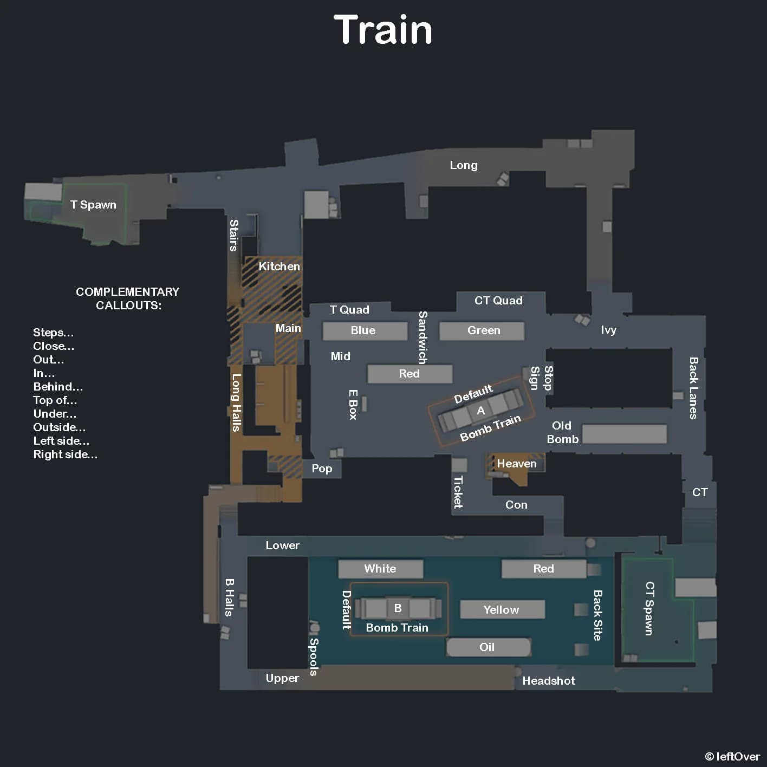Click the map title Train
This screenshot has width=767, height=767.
pyautogui.click(x=383, y=30)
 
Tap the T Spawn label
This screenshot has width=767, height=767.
pyautogui.click(x=93, y=205)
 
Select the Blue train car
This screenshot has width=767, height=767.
pyautogui.click(x=364, y=330)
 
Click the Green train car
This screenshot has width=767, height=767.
pyautogui.click(x=482, y=330)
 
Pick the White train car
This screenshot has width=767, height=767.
pyautogui.click(x=380, y=569)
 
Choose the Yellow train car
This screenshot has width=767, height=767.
pyautogui.click(x=502, y=610)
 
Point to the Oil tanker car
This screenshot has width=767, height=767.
pyautogui.click(x=487, y=647)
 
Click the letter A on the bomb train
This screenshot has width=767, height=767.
pyautogui.click(x=480, y=411)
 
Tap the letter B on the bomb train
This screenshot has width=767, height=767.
pyautogui.click(x=398, y=608)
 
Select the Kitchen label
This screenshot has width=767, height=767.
pyautogui.click(x=279, y=266)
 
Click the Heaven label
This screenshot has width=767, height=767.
pyautogui.click(x=517, y=464)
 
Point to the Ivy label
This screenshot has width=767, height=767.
pyautogui.click(x=609, y=330)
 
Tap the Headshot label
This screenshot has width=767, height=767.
pyautogui.click(x=549, y=681)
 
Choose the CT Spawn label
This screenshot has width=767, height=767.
pyautogui.click(x=649, y=608)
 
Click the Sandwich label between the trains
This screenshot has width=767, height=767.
pyautogui.click(x=423, y=337)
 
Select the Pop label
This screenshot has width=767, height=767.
pyautogui.click(x=322, y=469)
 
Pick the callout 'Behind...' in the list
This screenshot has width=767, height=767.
pyautogui.click(x=58, y=387)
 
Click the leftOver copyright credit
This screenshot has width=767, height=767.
pyautogui.click(x=732, y=757)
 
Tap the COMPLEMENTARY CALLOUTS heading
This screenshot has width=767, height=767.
pyautogui.click(x=128, y=298)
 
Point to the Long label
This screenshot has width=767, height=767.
pyautogui.click(x=464, y=165)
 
